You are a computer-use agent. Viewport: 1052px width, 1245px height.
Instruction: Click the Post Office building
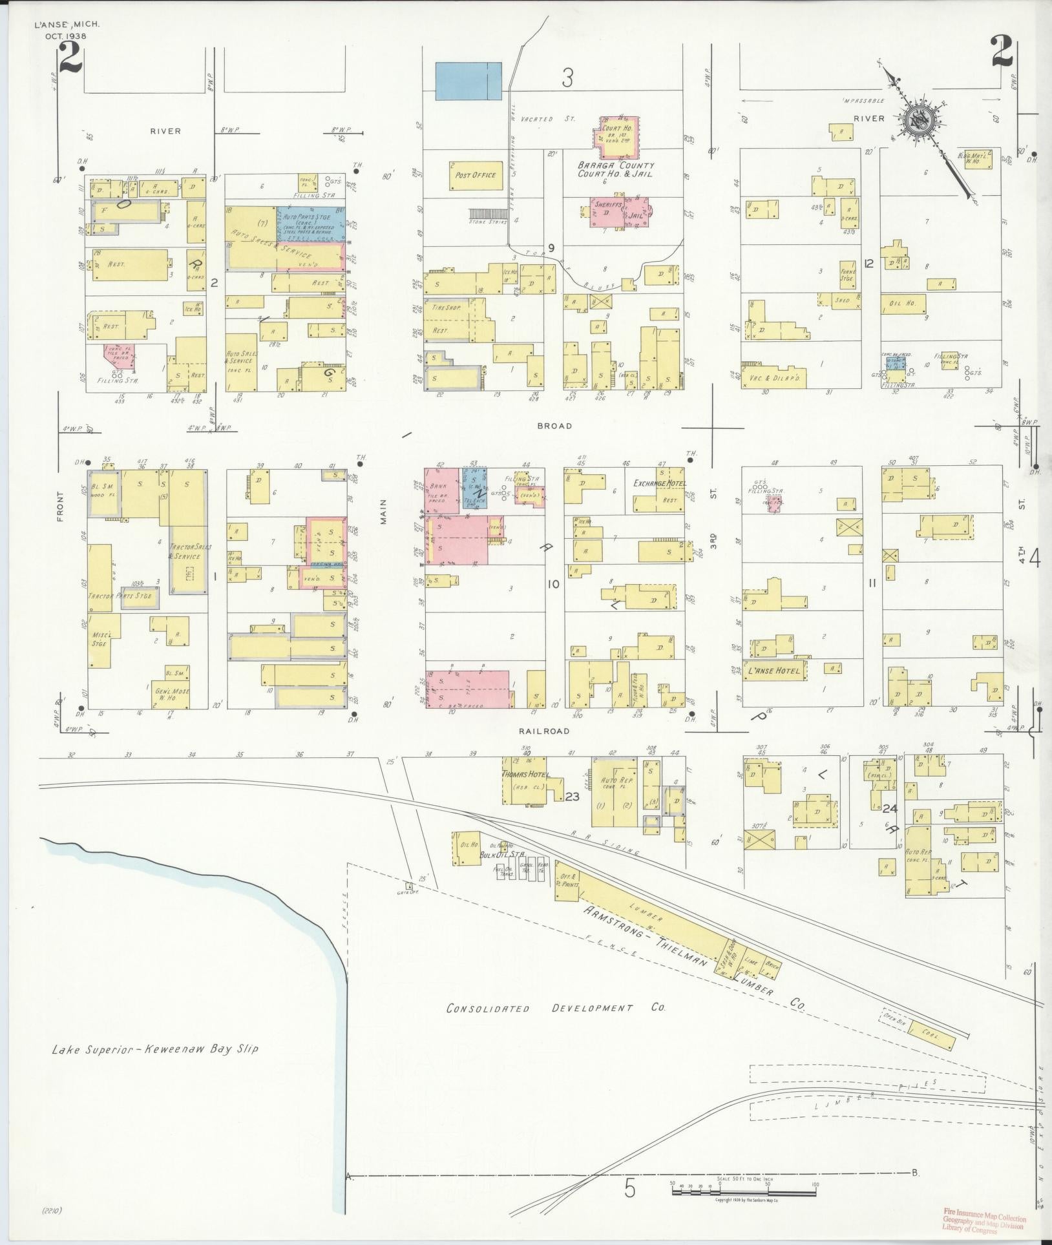click(475, 175)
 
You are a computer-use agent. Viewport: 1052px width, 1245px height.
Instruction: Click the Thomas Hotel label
click(525, 775)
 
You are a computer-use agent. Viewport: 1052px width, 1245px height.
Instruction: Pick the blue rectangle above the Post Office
click(468, 81)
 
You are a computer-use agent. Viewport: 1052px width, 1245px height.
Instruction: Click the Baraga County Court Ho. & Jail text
click(615, 169)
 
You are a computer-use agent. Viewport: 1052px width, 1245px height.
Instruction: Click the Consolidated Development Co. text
click(556, 1009)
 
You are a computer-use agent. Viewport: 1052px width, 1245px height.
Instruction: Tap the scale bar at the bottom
click(743, 1189)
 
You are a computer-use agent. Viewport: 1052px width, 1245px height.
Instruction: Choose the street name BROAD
click(554, 426)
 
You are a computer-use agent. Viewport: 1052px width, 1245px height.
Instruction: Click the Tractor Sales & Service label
click(185, 551)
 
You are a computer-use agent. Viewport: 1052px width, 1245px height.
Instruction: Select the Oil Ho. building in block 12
click(903, 304)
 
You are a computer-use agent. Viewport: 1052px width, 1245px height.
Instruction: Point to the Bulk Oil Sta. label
click(500, 855)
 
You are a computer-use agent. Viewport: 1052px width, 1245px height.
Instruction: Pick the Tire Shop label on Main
click(447, 308)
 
